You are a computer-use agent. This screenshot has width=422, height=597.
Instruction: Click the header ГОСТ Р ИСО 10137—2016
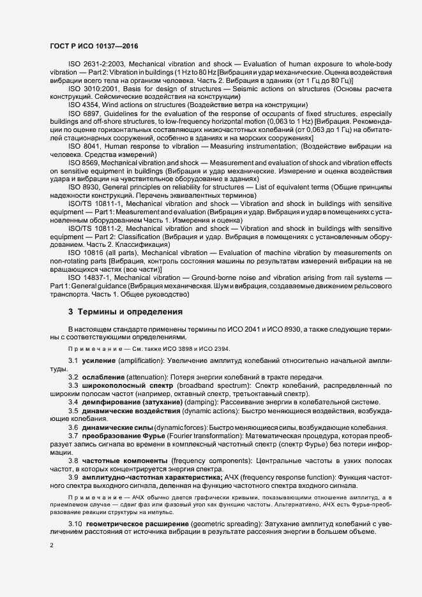(93, 47)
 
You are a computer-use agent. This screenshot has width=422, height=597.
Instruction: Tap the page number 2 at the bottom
(51, 545)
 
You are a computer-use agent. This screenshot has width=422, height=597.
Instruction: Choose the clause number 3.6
(73, 427)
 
